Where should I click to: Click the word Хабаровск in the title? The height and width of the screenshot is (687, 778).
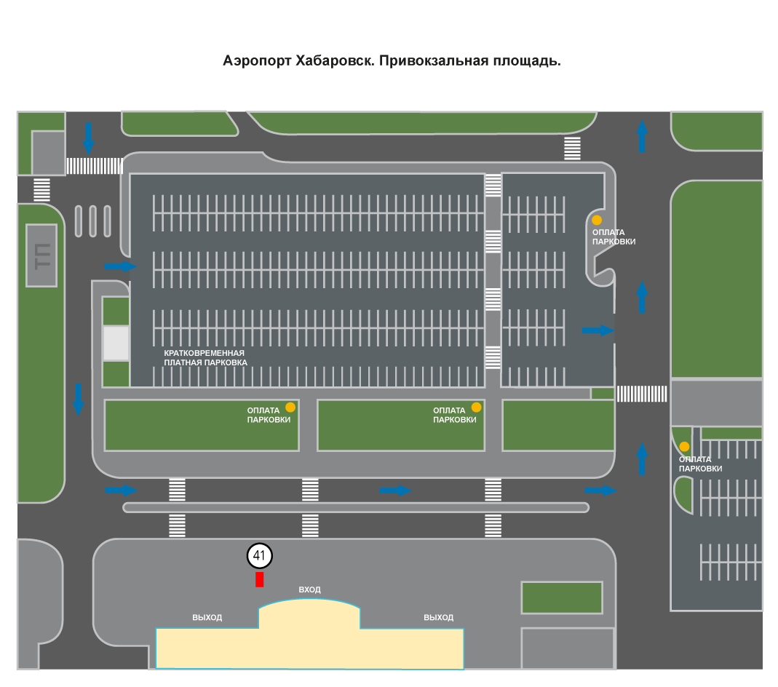[335, 60]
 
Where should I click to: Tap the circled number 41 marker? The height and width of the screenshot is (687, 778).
[260, 555]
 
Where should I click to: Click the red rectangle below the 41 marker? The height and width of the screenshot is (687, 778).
[260, 579]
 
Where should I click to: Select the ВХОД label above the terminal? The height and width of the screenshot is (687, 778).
[309, 589]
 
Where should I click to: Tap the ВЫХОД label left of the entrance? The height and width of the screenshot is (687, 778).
[207, 618]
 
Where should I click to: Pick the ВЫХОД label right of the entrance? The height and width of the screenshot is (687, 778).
[439, 618]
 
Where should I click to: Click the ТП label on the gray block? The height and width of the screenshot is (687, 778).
[43, 256]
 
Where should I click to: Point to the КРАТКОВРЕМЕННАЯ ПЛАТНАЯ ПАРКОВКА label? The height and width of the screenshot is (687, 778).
[205, 357]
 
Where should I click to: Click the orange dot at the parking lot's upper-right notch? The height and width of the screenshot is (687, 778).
[597, 220]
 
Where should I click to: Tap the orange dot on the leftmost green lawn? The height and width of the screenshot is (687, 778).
[291, 408]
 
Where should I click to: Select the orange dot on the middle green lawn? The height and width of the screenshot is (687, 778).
[476, 408]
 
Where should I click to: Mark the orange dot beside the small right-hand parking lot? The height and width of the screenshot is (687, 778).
[684, 446]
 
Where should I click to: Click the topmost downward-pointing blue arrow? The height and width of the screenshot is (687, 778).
[88, 138]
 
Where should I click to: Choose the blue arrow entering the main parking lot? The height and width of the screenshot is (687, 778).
[121, 266]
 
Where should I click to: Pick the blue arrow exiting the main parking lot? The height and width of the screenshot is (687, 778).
[598, 330]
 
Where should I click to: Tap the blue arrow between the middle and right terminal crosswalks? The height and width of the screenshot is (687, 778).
[395, 491]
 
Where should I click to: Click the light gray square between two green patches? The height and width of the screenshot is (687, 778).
[116, 343]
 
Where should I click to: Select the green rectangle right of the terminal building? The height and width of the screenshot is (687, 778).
[562, 597]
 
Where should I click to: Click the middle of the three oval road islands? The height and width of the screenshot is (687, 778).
[92, 221]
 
